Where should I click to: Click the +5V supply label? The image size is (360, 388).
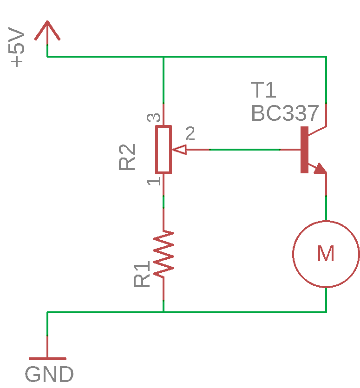point(17,47)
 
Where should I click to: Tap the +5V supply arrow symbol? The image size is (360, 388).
point(47,30)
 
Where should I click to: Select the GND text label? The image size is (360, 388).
point(49,375)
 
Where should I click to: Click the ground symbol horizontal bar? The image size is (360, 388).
point(47,358)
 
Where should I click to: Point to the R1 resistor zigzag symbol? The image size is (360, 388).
point(164,254)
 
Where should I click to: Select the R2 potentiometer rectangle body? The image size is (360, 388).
point(164,149)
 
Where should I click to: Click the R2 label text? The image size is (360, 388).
point(127,157)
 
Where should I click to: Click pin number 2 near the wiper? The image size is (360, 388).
point(190,134)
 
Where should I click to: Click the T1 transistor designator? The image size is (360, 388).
point(263,90)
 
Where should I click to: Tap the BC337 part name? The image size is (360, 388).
point(285,113)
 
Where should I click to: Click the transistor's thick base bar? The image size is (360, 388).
point(304,150)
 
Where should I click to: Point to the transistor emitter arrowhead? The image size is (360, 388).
point(320,168)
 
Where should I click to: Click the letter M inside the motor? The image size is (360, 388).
point(326,254)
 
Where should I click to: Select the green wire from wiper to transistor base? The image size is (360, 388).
point(245,150)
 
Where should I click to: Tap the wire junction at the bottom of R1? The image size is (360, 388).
point(164,312)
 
